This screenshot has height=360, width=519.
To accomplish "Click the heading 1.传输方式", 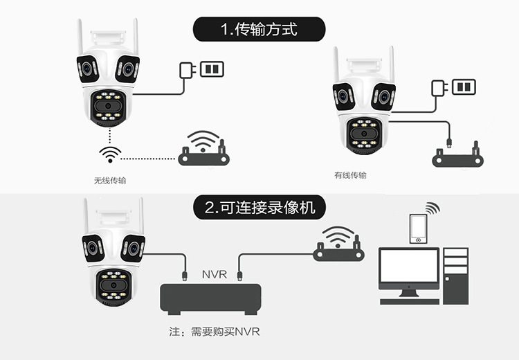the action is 259,29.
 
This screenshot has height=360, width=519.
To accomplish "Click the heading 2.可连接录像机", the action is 259,208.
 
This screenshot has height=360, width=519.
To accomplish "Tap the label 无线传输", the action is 110,181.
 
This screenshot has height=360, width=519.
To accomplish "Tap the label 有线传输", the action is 350,175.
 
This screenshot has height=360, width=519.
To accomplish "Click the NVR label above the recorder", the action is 215,275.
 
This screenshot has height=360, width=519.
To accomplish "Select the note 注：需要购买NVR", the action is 215,332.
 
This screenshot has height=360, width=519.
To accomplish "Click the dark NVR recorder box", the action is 210,299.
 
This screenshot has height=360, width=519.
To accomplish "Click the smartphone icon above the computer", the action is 418,229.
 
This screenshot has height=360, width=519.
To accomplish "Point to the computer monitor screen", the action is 409,266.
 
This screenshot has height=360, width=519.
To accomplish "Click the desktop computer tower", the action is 456,276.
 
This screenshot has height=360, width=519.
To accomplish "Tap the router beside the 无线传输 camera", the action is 203,149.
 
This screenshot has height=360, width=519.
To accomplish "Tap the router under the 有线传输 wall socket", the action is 458,155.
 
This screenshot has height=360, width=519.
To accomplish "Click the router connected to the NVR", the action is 338,244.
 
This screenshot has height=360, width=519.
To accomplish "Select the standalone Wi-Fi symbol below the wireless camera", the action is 110,154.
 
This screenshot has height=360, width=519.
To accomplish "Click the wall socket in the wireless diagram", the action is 212,69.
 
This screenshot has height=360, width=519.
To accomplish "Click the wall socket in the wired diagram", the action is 464,87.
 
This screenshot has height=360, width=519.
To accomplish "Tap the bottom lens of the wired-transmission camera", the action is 364,134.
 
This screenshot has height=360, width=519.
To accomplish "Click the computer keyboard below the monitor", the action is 410,302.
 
